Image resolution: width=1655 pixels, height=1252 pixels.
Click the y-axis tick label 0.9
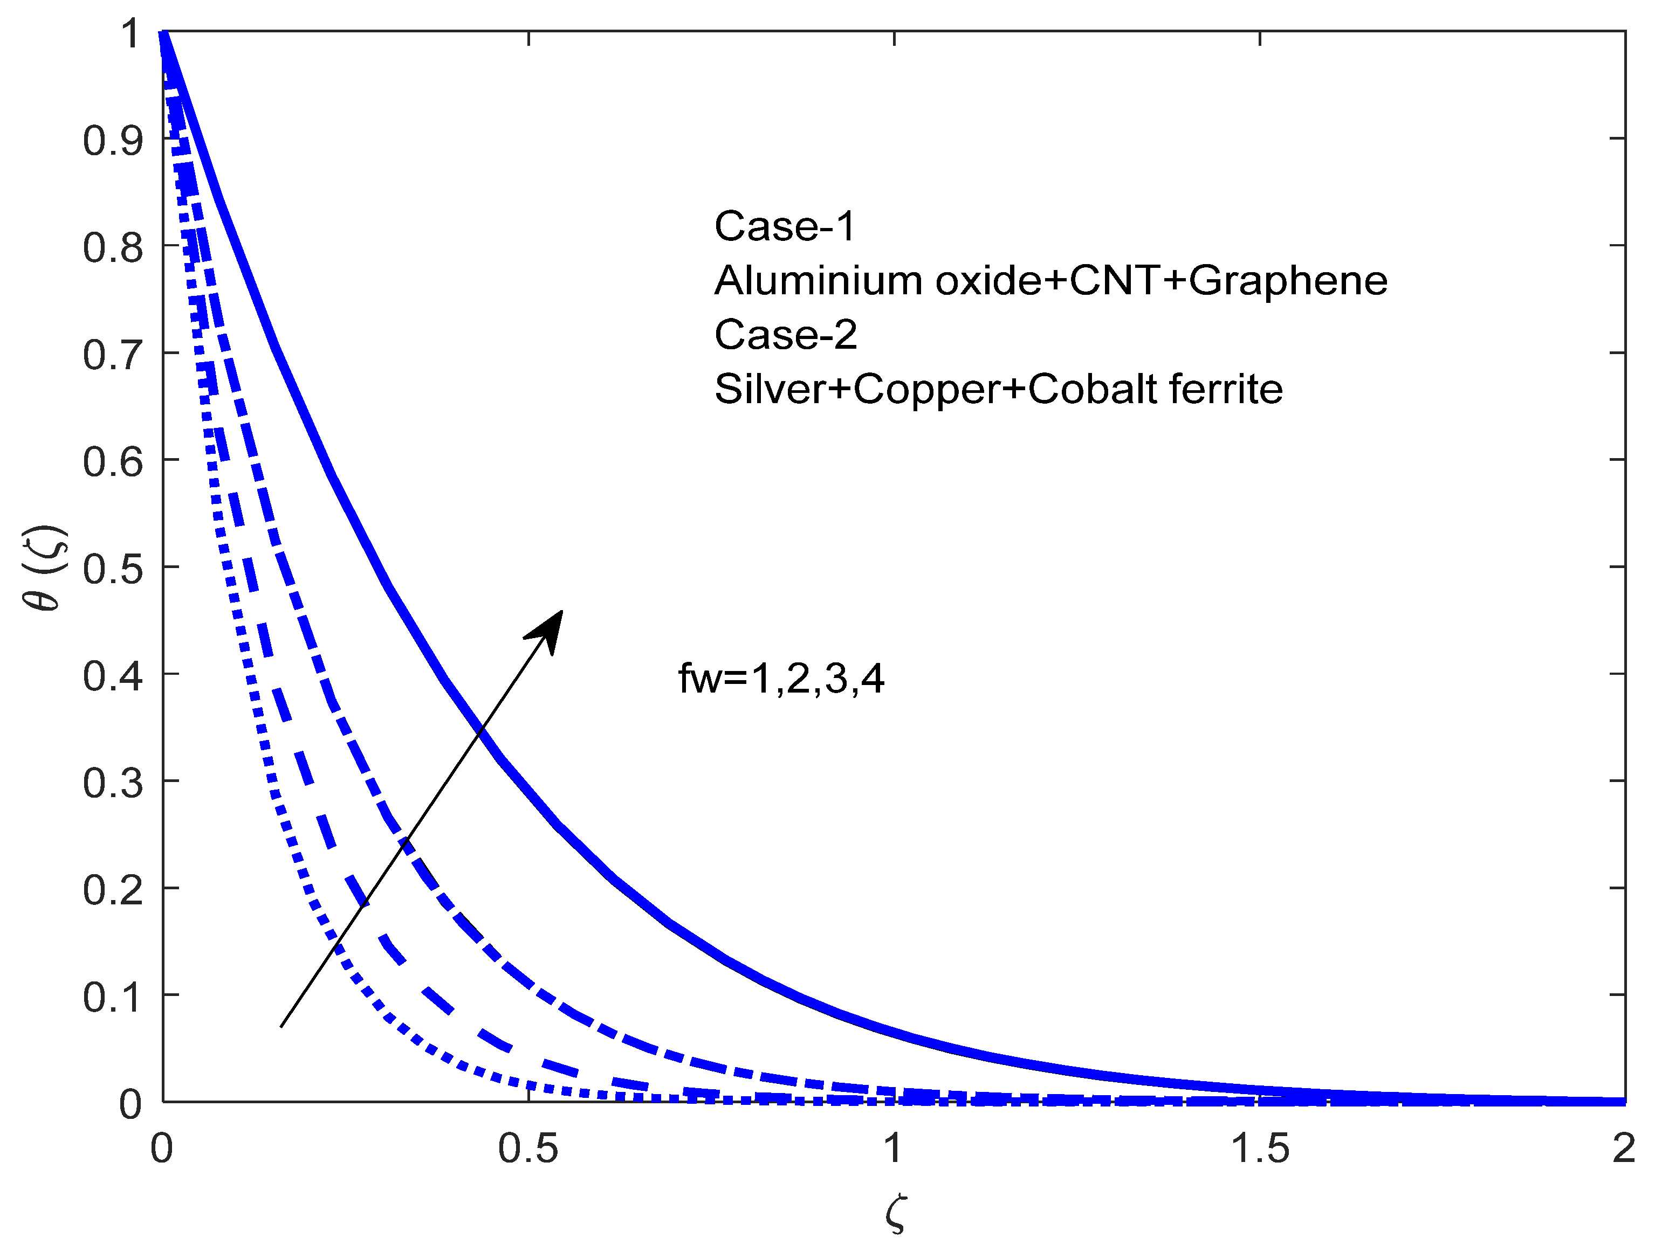[x=112, y=141]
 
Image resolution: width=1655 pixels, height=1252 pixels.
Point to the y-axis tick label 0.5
[x=112, y=569]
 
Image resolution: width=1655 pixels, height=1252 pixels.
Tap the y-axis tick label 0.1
[x=112, y=998]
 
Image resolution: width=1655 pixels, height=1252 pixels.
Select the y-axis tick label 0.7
[x=112, y=355]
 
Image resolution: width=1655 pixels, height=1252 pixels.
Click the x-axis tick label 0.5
[x=528, y=1148]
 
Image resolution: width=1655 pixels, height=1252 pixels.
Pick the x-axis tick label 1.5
[x=1260, y=1148]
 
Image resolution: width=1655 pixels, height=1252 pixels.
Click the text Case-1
[x=784, y=226]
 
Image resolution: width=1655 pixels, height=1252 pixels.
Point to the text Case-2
[x=786, y=334]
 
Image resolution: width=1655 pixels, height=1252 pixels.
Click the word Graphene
[x=1288, y=281]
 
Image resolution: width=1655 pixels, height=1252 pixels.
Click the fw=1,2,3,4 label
[x=781, y=679]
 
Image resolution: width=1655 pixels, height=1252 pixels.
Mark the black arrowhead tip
[x=562, y=611]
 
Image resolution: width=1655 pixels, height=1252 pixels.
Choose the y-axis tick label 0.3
[x=112, y=783]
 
